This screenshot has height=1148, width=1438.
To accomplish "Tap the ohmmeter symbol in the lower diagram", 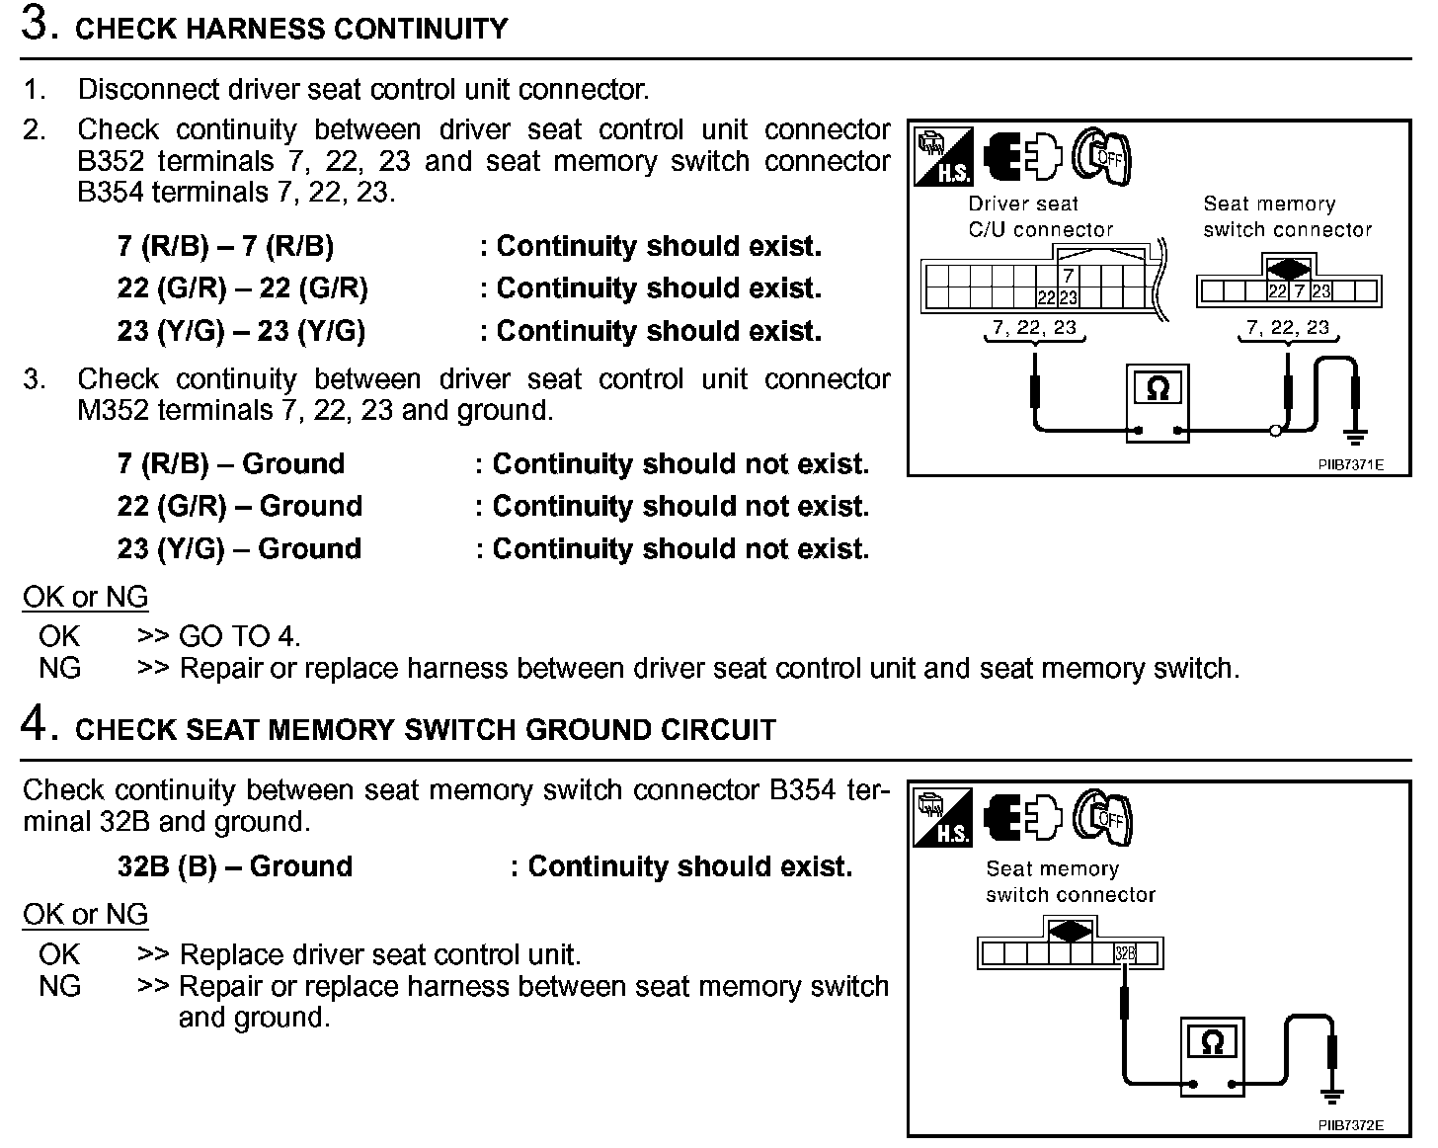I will tap(1213, 1042).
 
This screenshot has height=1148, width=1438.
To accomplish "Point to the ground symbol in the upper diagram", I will tap(1356, 434).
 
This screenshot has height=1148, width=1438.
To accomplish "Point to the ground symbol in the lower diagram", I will tap(1332, 1095).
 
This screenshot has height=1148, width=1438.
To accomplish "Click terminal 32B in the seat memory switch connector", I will tap(1125, 953).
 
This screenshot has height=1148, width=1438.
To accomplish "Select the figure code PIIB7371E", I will tap(1350, 464).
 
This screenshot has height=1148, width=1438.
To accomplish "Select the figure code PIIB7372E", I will tap(1350, 1125).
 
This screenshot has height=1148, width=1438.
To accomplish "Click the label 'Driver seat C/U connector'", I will tap(1040, 216).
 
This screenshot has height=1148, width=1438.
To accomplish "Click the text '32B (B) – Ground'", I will tap(234, 866).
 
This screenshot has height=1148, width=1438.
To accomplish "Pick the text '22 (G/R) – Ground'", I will tap(239, 507).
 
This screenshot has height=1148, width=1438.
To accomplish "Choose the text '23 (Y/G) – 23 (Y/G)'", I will tap(241, 331).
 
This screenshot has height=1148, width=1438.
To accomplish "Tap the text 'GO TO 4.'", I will tap(240, 636).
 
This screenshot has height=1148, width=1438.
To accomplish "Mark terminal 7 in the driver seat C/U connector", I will tap(1069, 278).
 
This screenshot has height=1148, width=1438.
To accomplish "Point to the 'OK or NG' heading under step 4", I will tap(85, 915).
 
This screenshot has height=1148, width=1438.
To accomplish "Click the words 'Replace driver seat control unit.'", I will tap(380, 954).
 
